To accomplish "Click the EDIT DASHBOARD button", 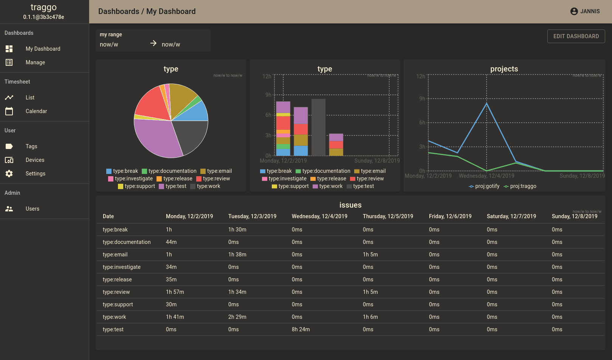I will (x=576, y=36).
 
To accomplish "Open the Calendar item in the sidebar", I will (x=36, y=111).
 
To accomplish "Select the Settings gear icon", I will (x=9, y=174).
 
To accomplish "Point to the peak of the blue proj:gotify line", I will (x=487, y=103).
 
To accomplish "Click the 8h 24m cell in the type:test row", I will (x=301, y=329).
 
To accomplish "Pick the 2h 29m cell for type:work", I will (x=237, y=317).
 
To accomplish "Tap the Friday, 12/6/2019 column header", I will (x=450, y=216).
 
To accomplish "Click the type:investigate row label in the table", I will (x=121, y=267).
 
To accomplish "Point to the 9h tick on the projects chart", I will (x=422, y=99).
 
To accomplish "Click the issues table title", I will (x=350, y=205).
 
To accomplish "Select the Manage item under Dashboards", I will (x=35, y=62).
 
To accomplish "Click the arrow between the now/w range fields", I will (x=153, y=43).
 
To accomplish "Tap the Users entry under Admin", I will (x=33, y=209).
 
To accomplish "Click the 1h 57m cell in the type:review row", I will (x=175, y=292).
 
